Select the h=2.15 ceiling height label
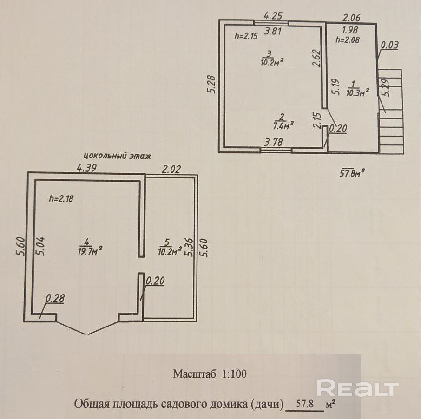[246, 35]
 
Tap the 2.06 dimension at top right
[352, 18]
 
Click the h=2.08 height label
[348, 39]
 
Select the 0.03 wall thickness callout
[390, 46]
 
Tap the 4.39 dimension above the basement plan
[86, 168]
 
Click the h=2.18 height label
[61, 198]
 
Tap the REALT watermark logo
[358, 387]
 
